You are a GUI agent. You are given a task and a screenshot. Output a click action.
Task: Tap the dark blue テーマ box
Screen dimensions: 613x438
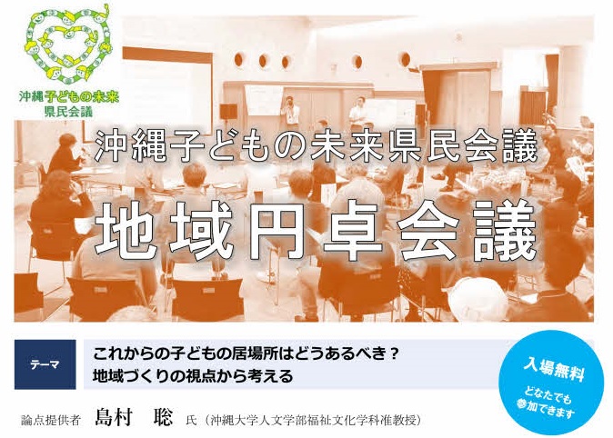45,364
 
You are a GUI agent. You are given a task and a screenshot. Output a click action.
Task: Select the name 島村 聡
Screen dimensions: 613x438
134,417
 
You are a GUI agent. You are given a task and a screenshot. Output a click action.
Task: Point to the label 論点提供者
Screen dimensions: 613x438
51,420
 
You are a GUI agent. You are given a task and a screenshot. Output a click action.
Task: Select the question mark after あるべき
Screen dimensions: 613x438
394,354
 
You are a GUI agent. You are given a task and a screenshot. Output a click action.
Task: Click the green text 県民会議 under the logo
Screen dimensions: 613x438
69,112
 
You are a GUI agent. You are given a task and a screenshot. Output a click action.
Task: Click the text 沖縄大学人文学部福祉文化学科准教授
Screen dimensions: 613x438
316,420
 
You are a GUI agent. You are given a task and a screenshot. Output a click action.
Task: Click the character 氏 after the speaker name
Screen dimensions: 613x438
191,421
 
